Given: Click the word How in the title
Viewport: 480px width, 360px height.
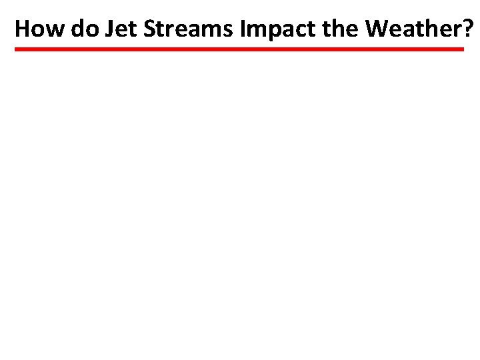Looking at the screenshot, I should click(39, 29).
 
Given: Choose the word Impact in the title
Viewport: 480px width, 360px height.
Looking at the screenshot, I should click(268, 29).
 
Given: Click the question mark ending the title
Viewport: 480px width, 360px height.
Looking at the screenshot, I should click(470, 29).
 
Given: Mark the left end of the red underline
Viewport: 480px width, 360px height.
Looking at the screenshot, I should click(17, 49).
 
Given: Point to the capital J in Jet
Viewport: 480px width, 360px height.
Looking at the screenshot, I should click(107, 29).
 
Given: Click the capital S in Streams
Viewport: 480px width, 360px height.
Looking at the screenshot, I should click(146, 29).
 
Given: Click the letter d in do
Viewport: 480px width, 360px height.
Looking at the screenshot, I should click(76, 29).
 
